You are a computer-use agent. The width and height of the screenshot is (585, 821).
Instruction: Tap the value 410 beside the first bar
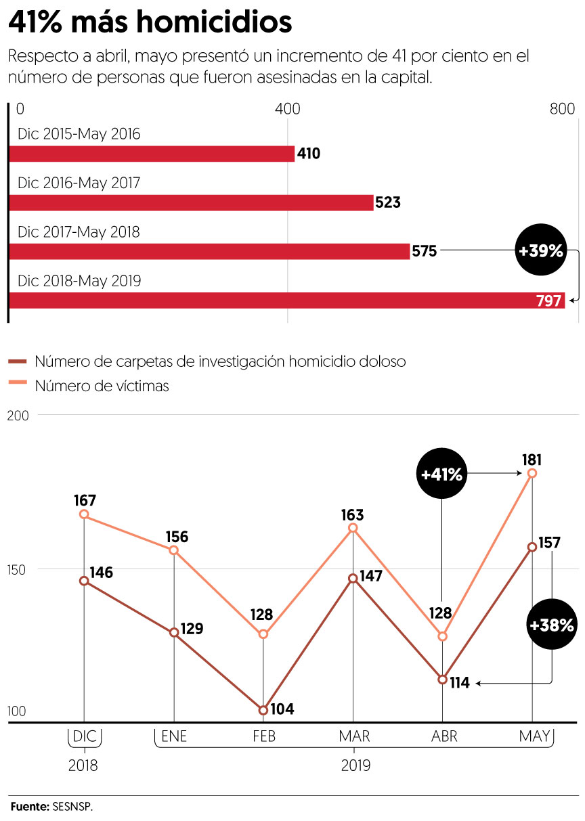click(x=309, y=154)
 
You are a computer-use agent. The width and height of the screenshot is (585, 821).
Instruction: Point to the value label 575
click(x=424, y=252)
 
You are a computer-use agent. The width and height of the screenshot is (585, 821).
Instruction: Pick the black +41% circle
click(x=441, y=474)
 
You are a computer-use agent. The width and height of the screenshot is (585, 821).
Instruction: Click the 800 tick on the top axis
click(x=561, y=110)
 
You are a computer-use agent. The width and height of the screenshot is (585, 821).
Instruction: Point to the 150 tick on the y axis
click(x=18, y=569)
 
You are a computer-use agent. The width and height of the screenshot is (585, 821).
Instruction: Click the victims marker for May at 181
click(x=532, y=473)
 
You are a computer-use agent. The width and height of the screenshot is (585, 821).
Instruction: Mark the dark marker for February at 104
click(x=263, y=710)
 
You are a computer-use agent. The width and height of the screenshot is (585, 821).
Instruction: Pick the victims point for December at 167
click(x=84, y=514)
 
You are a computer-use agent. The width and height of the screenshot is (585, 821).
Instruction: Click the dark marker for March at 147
click(x=353, y=578)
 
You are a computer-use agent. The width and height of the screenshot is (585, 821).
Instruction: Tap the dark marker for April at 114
click(x=442, y=680)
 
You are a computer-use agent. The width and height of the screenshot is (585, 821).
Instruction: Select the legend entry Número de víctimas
click(x=102, y=386)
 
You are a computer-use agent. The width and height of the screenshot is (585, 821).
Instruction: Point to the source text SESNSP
click(x=72, y=807)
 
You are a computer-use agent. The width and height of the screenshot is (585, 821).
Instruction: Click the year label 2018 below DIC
click(x=83, y=765)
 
